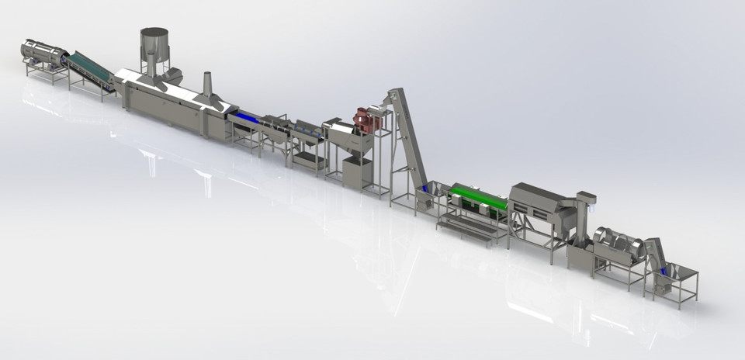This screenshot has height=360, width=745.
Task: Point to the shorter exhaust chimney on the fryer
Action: coord(208,85)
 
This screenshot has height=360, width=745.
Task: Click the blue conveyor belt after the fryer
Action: coord(247,117)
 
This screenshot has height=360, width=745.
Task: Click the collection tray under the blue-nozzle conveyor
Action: coord(309,160)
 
